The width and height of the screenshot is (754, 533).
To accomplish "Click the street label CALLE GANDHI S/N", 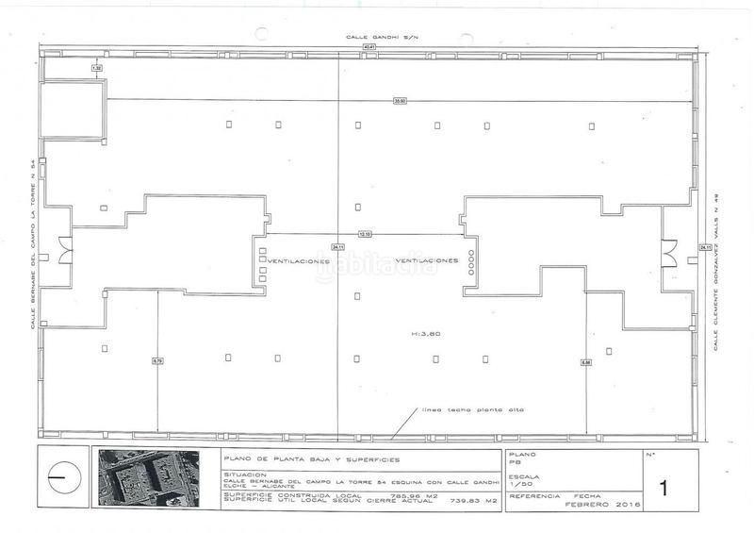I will [x=374, y=36].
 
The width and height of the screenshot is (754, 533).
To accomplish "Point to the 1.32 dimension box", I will [x=96, y=69].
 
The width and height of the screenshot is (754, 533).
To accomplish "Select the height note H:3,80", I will [x=427, y=333].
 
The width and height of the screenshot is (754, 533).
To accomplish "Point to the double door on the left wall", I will [x=62, y=250].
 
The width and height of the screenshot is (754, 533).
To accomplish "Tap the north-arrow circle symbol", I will [x=62, y=478].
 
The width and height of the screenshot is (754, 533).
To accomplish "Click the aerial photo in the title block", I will [x=148, y=479].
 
